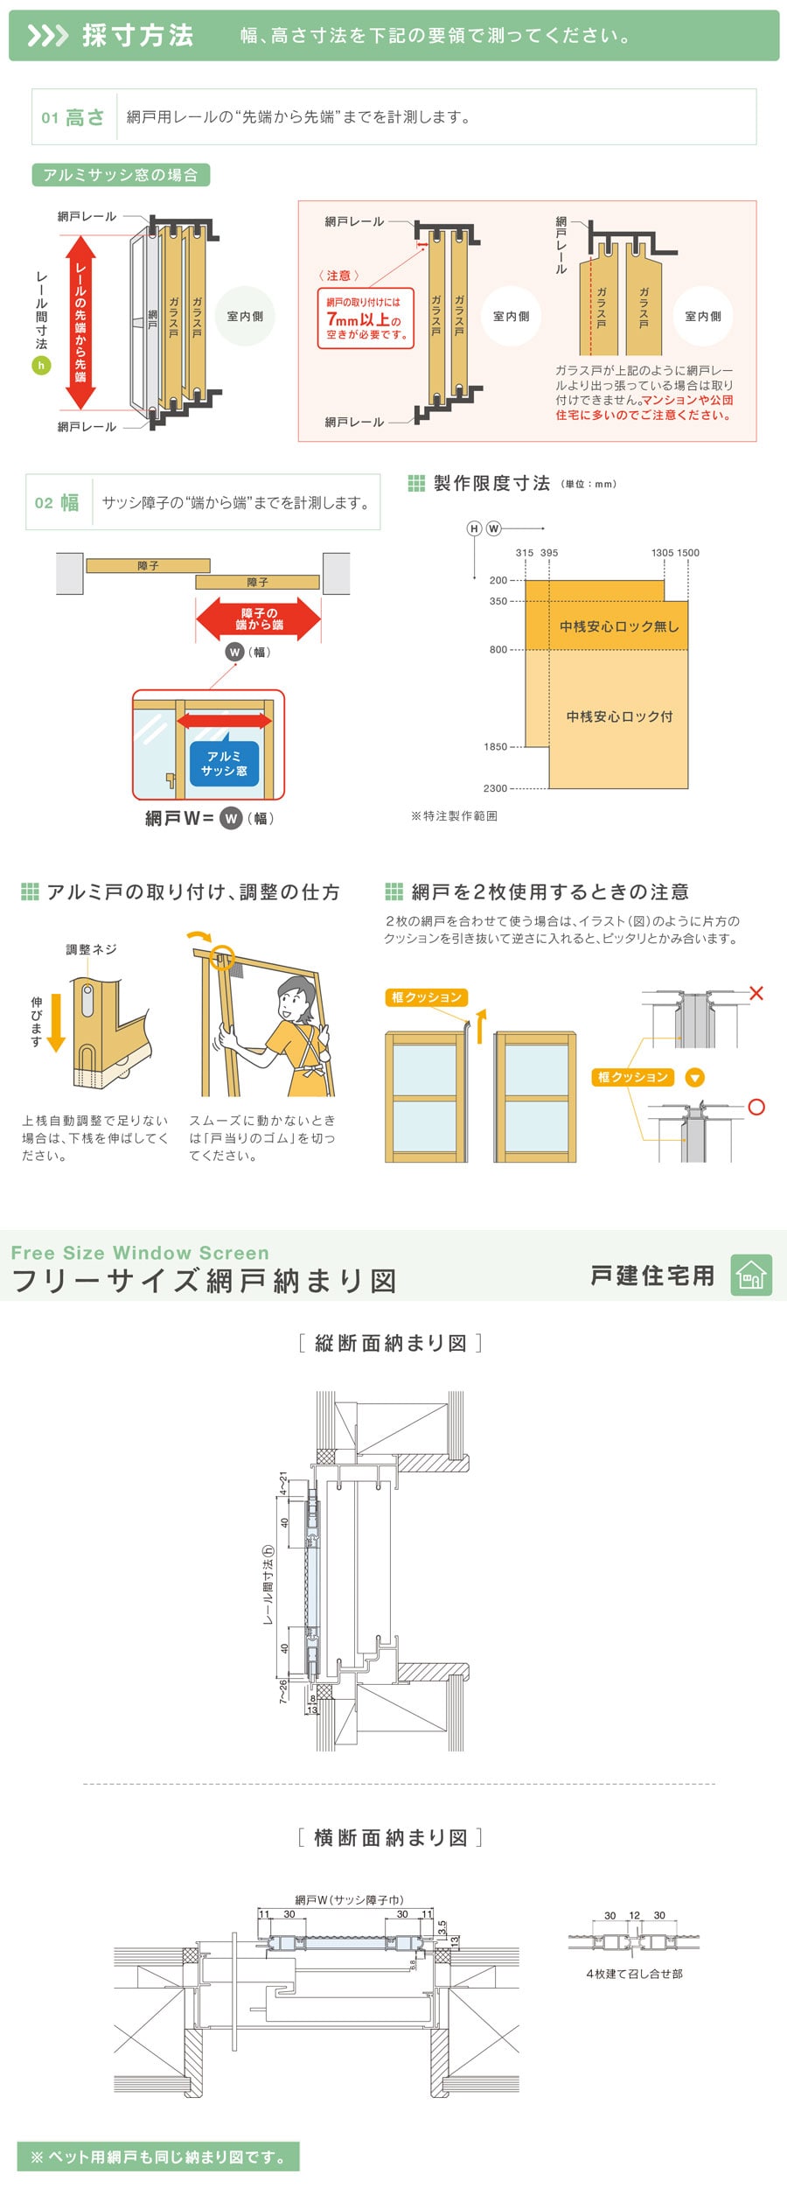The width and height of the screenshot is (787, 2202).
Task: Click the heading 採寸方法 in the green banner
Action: pyautogui.click(x=138, y=35)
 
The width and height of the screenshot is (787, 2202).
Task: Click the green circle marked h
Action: pyautogui.click(x=41, y=366)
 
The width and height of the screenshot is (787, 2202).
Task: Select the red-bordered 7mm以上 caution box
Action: pyautogui.click(x=366, y=318)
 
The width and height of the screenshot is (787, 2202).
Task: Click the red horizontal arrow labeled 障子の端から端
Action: pyautogui.click(x=259, y=619)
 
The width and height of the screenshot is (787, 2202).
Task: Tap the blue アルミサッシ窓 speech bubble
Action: pyautogui.click(x=224, y=763)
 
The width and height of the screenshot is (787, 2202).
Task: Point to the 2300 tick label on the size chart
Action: pyautogui.click(x=495, y=788)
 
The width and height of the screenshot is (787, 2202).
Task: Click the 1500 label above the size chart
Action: pyautogui.click(x=688, y=553)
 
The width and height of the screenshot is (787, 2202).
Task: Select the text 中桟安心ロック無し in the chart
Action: pyautogui.click(x=619, y=626)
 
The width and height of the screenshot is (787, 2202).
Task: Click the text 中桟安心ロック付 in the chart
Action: pyautogui.click(x=619, y=717)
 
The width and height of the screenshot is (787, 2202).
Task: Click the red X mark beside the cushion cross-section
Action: pyautogui.click(x=756, y=993)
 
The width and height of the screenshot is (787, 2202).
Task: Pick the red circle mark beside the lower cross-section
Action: pyautogui.click(x=756, y=1107)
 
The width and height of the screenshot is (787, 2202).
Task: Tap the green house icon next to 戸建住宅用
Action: pyautogui.click(x=751, y=1275)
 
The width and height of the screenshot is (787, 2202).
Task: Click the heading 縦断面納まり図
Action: pyautogui.click(x=390, y=1343)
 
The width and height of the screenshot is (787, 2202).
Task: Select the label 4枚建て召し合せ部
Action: pyautogui.click(x=634, y=1974)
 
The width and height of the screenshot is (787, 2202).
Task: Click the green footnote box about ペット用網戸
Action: pyautogui.click(x=158, y=2157)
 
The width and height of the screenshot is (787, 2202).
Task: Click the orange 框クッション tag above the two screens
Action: pyautogui.click(x=427, y=997)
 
